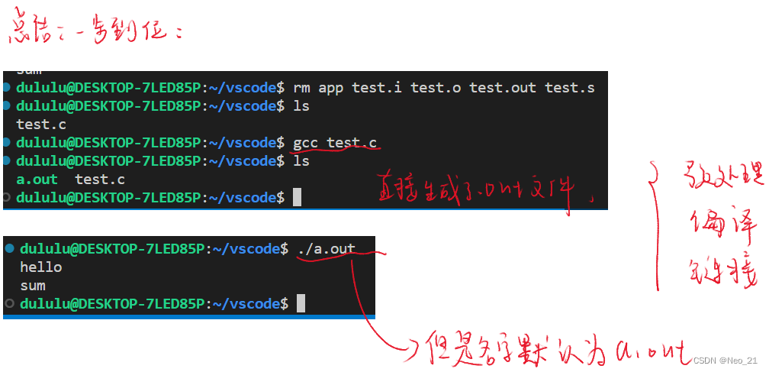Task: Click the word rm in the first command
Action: (x=301, y=88)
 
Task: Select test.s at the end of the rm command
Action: (x=569, y=88)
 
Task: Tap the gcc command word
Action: (x=305, y=143)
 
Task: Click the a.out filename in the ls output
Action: (x=37, y=180)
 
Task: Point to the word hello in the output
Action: (x=41, y=267)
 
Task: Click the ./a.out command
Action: (x=327, y=248)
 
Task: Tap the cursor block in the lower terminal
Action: (x=301, y=304)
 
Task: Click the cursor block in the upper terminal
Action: (x=297, y=198)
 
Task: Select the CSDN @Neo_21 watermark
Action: (x=725, y=361)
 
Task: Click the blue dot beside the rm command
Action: (x=7, y=88)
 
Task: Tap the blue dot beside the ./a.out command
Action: (x=9, y=249)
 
